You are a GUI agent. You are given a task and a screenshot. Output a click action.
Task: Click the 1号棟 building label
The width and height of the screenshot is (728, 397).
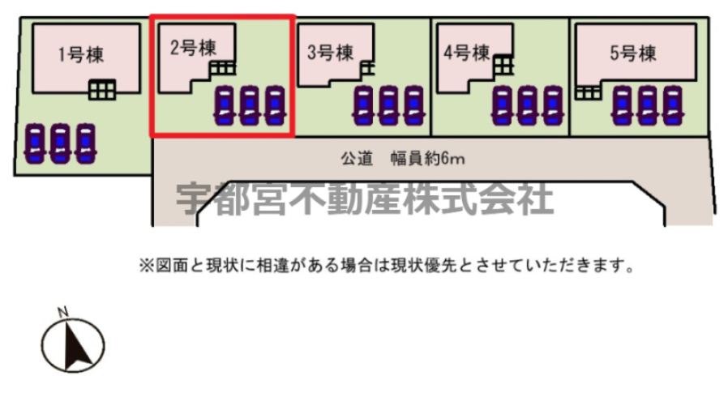(x=81, y=55)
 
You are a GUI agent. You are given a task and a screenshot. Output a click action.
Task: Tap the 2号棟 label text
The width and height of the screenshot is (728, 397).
(x=193, y=48)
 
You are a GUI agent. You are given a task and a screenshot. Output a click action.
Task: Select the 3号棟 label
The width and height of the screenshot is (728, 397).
(x=331, y=53)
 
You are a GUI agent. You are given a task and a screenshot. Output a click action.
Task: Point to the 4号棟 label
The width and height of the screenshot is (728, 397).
(x=467, y=53)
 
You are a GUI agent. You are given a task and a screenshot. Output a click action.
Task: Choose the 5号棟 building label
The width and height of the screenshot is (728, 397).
(x=633, y=53)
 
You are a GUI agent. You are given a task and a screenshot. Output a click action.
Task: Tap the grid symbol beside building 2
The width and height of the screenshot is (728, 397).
(x=222, y=68)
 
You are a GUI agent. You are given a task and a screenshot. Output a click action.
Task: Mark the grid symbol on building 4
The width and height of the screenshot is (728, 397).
(x=503, y=65)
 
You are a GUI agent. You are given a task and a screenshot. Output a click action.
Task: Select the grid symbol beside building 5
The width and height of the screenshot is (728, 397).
(x=588, y=93)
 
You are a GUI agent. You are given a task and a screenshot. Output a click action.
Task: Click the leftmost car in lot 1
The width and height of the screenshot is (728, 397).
(x=35, y=143)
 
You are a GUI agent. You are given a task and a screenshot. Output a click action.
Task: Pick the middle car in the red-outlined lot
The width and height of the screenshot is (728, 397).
(x=250, y=106)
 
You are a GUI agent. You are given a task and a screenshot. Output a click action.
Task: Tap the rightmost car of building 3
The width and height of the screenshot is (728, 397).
(x=414, y=106)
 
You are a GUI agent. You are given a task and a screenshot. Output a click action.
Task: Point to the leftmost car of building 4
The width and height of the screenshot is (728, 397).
(x=503, y=106)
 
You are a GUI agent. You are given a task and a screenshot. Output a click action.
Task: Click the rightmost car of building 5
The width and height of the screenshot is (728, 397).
(x=673, y=106)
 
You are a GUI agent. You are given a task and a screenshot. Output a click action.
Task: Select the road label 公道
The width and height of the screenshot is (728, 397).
(x=357, y=159)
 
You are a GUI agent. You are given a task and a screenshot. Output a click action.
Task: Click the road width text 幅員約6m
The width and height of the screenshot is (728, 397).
(x=427, y=159)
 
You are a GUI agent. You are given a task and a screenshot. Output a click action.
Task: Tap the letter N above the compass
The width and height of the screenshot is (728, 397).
(x=63, y=312)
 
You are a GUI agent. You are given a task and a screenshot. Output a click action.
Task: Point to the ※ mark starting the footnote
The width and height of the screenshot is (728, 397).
(x=146, y=266)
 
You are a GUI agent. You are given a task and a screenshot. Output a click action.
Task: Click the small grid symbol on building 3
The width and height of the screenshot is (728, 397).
(x=367, y=68)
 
